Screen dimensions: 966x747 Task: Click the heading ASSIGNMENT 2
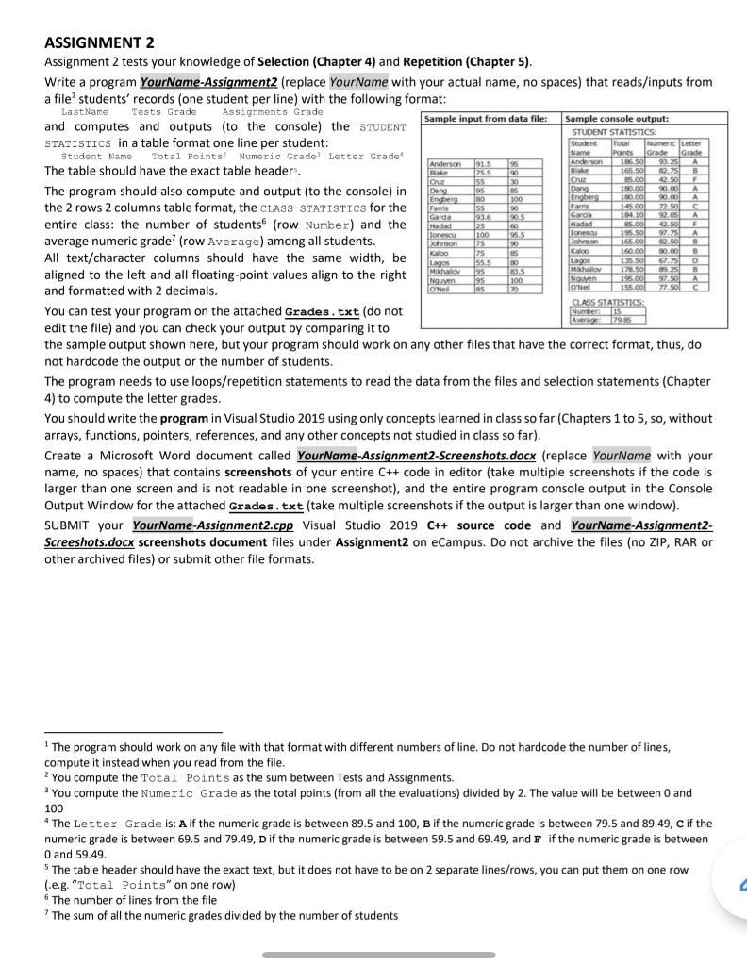pos(99,43)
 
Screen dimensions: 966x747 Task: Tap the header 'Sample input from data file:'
pos(490,119)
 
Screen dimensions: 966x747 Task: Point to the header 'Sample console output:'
pos(617,119)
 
